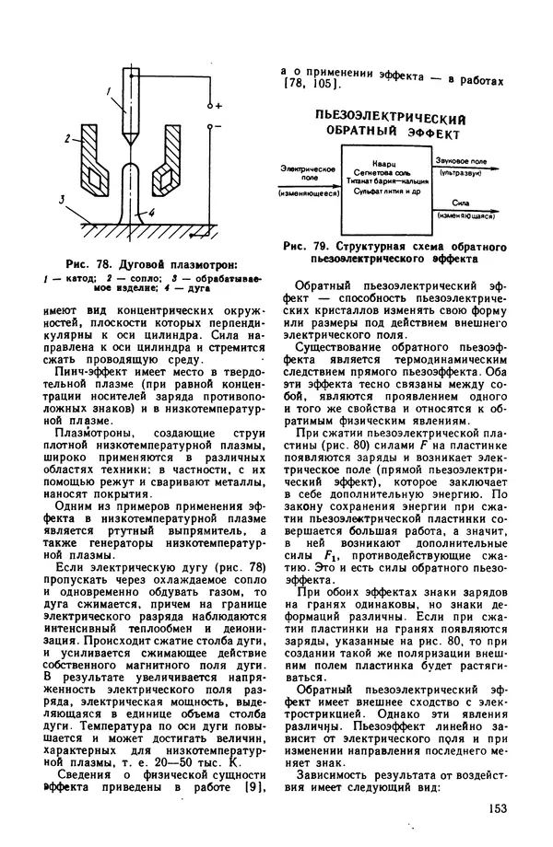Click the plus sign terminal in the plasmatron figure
pos(218,108)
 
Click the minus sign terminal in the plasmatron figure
pos(218,123)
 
